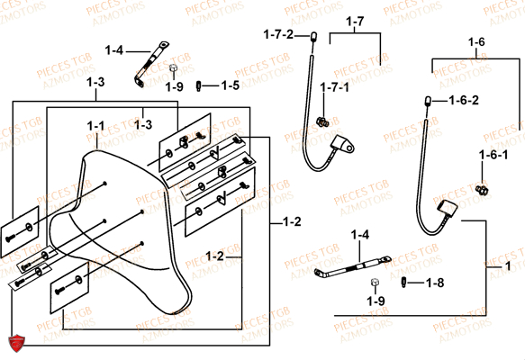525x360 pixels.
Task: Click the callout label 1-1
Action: pos(95,125)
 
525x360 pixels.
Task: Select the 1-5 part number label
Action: pos(230,85)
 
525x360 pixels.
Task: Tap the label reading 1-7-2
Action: pos(278,34)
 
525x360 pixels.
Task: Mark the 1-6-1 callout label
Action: pos(493,155)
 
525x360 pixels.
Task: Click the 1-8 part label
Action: pos(435,283)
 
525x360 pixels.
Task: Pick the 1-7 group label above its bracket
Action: pos(354,21)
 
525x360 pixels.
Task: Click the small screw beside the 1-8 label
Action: pos(406,283)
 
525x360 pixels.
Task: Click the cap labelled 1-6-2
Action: pos(429,100)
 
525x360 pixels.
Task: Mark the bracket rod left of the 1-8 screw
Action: pos(351,267)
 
